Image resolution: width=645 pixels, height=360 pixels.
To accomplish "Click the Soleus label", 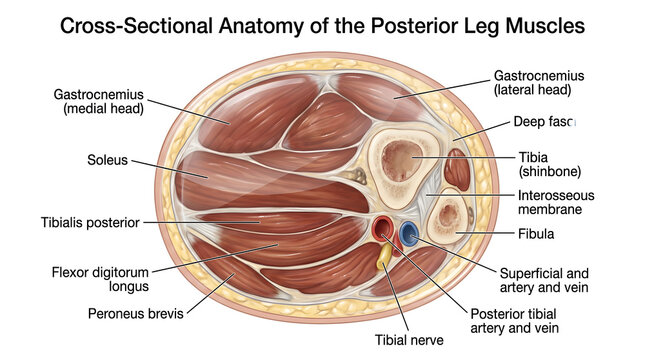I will coord(107,159).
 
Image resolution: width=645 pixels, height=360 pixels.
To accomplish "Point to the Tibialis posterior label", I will coord(89,222).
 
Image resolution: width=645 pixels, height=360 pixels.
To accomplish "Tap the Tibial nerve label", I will coord(407,340).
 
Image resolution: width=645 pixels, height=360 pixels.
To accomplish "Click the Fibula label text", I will coord(536,234).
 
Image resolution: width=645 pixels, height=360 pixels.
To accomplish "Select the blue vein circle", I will coord(408,234).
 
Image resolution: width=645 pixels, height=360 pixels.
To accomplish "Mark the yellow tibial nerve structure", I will coord(383,258).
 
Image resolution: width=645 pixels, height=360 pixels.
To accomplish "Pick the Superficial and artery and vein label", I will coord(544,280).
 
